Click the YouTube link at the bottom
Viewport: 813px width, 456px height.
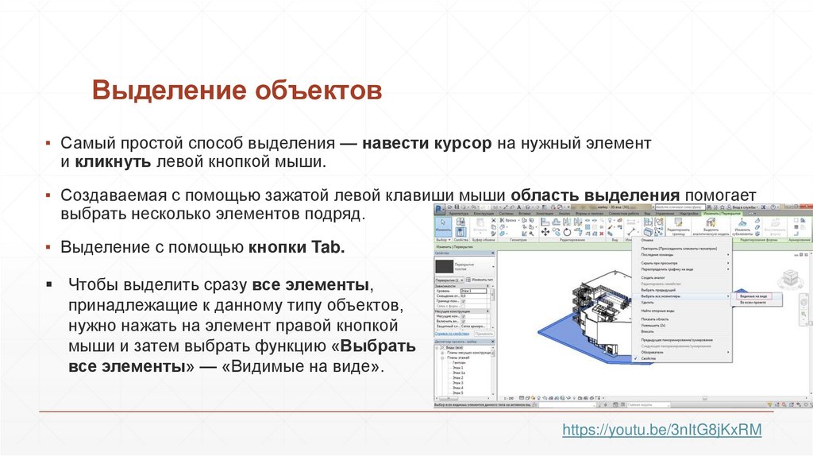click(661, 430)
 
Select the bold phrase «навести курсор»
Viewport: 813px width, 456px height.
click(428, 144)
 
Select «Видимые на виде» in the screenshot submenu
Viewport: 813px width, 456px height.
click(753, 296)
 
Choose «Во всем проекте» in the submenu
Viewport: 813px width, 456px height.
click(753, 303)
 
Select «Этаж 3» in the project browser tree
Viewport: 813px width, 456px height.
click(457, 381)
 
